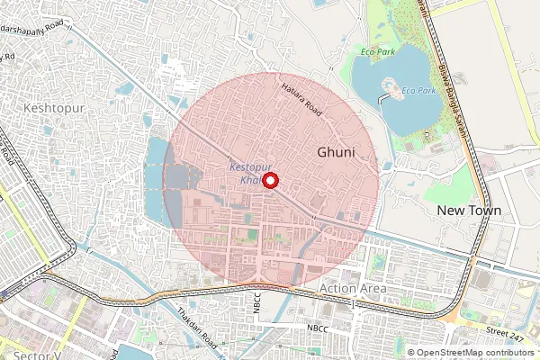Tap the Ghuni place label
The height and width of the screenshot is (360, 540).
point(336,153)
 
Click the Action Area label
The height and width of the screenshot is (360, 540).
point(353,288)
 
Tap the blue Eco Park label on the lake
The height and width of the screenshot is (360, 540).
point(418,91)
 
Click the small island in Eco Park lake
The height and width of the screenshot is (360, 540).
point(393,88)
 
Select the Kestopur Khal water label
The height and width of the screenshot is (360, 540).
point(247,174)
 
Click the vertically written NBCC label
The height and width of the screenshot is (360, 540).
point(256,304)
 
